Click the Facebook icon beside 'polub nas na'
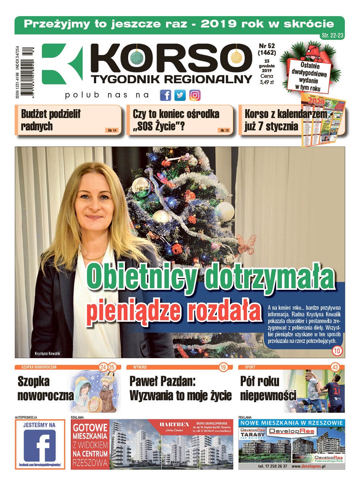coord(165,95)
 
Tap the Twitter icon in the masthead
coord(180,95)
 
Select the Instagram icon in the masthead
coord(195,95)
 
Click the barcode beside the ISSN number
coord(27,72)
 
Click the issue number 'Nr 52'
coord(267,46)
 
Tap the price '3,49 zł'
coord(267,82)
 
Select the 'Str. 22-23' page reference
coord(332,35)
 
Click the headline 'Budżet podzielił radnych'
coord(51,120)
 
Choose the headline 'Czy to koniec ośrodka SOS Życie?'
coord(176,120)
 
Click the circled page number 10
coord(337,351)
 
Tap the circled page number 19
coord(223,367)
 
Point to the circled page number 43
coord(335,367)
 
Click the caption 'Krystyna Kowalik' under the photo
coord(47,353)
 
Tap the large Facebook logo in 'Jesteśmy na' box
coord(40,445)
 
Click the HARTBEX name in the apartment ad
coord(175,424)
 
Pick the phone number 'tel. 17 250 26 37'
coord(272,466)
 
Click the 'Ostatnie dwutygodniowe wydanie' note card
coord(310,76)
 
